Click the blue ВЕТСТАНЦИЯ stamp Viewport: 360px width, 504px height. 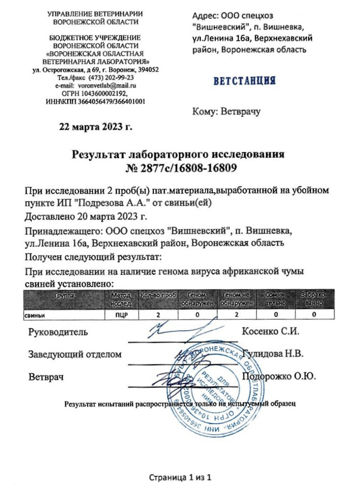243,81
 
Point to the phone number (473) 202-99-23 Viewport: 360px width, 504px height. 111,77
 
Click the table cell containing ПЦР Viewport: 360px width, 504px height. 122,315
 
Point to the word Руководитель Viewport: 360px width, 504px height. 58,332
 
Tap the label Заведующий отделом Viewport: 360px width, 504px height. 75,354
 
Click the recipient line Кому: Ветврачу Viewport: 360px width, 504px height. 226,111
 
